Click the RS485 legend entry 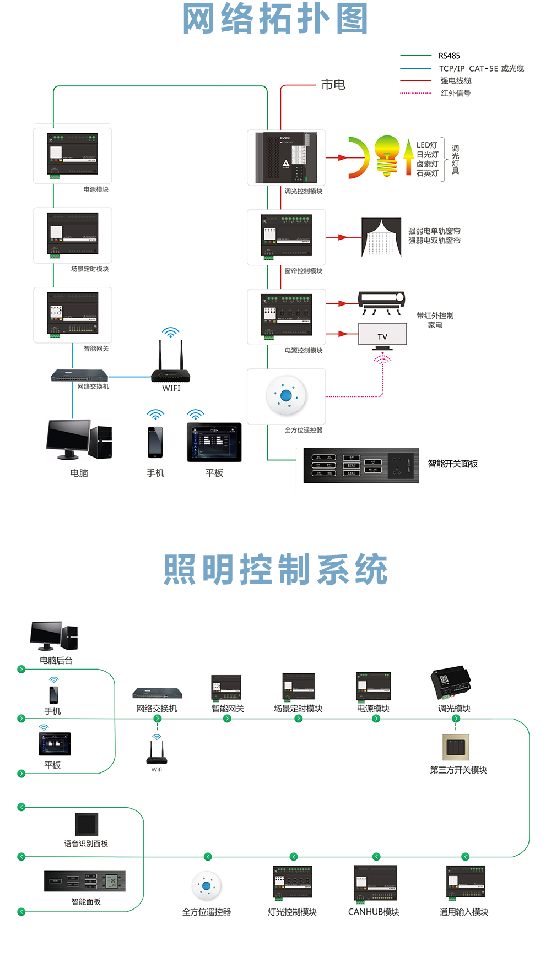click(x=449, y=56)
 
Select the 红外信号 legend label click(x=456, y=93)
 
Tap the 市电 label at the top click(x=333, y=85)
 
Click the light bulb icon click(x=387, y=156)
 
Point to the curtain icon click(x=381, y=237)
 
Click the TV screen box click(x=382, y=334)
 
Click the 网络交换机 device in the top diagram click(x=79, y=376)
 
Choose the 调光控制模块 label click(x=304, y=191)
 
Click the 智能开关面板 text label click(x=452, y=464)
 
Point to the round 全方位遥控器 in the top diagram click(x=286, y=395)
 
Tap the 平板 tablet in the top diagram click(x=214, y=442)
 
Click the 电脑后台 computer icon click(x=54, y=636)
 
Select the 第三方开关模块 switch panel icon click(x=456, y=748)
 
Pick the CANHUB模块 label click(x=374, y=912)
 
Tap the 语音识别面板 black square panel click(x=87, y=824)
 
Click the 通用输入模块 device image click(x=466, y=882)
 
